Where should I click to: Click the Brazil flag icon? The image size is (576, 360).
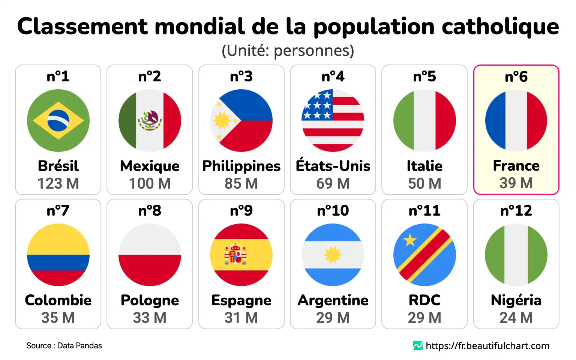click(58, 120)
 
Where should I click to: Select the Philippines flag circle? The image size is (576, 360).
click(241, 120)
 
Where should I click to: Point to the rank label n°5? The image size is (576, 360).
click(424, 76)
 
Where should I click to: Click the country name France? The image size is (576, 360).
click(516, 165)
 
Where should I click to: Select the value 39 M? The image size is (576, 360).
click(516, 183)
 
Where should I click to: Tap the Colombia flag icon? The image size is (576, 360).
click(58, 255)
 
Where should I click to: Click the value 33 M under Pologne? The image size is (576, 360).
click(150, 318)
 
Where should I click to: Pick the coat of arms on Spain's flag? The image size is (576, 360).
click(235, 254)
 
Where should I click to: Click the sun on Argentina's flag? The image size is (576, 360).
click(333, 255)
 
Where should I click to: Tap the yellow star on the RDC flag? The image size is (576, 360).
click(410, 240)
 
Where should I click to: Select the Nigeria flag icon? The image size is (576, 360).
click(516, 255)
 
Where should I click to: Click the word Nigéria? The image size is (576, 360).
click(516, 300)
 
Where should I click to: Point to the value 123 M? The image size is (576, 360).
click(58, 183)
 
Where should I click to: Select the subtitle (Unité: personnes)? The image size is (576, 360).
click(288, 51)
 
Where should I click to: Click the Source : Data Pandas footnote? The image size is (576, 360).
click(64, 346)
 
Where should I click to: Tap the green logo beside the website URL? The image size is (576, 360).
click(418, 346)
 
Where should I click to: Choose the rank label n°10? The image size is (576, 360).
click(333, 211)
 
